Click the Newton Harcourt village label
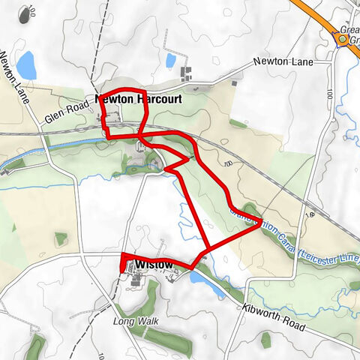click(139, 97)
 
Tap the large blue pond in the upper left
click(27, 65)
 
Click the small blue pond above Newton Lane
click(171, 59)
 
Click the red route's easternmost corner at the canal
click(259, 221)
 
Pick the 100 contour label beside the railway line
click(228, 163)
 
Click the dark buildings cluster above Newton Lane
click(187, 73)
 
